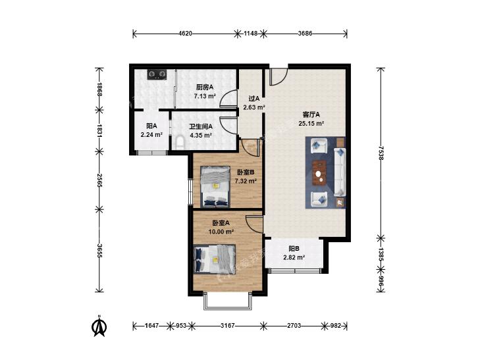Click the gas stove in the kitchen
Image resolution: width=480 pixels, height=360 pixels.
[x=157, y=74]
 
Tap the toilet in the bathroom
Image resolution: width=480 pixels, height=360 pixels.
[x=180, y=143]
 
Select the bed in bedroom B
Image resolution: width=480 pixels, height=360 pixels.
[x=215, y=187]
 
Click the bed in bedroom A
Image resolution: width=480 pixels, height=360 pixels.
[x=215, y=259]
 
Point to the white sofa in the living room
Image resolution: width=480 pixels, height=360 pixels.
[x=340, y=172]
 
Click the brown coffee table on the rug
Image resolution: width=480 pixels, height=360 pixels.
[x=319, y=173]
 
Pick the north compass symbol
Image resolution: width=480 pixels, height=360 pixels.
[x=99, y=326]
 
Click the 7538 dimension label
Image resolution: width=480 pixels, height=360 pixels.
[x=381, y=153]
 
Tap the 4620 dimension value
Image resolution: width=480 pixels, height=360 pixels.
[x=185, y=34]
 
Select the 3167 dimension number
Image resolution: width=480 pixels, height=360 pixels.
[x=227, y=326]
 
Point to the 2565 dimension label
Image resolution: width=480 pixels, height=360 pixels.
[x=99, y=180]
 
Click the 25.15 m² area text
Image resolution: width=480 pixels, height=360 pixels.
[x=311, y=124]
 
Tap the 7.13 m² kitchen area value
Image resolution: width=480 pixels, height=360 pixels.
[x=205, y=96]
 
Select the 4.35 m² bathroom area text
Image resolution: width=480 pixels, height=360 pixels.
[x=201, y=135]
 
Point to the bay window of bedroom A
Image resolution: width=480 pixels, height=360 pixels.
[x=228, y=301]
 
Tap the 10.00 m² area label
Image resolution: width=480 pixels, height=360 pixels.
[x=221, y=232]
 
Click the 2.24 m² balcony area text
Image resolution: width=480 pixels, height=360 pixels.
[x=151, y=134]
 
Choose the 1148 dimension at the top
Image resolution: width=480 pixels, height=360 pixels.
[x=250, y=34]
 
